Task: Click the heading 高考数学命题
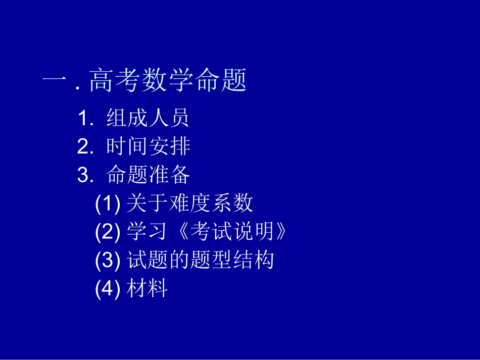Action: point(168,80)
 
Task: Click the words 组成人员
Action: point(148,118)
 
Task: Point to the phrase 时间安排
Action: point(148,147)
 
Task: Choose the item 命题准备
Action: point(148,175)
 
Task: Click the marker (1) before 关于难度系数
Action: point(107,203)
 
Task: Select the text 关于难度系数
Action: point(189,203)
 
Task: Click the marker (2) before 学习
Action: point(107,232)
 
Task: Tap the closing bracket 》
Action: point(281,232)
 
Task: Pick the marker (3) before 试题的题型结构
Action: point(107,261)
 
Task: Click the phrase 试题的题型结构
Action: point(200,261)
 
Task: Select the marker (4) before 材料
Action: point(107,289)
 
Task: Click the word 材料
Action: point(147,289)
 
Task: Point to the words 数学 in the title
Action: point(168,80)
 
